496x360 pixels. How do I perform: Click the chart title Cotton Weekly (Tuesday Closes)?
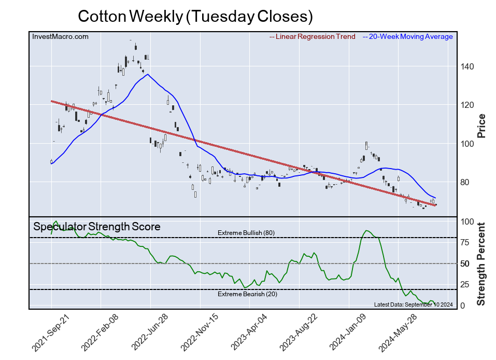195,17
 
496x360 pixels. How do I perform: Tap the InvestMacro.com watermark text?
60,37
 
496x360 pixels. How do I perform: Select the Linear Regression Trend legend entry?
315,37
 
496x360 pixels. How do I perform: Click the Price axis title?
481,125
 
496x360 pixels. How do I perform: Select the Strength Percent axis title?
481,264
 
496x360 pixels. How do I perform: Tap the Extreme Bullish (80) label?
246,233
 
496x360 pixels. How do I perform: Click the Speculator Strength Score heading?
97,227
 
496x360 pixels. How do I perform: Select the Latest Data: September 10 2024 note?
414,304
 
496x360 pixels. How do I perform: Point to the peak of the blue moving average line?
148,74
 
